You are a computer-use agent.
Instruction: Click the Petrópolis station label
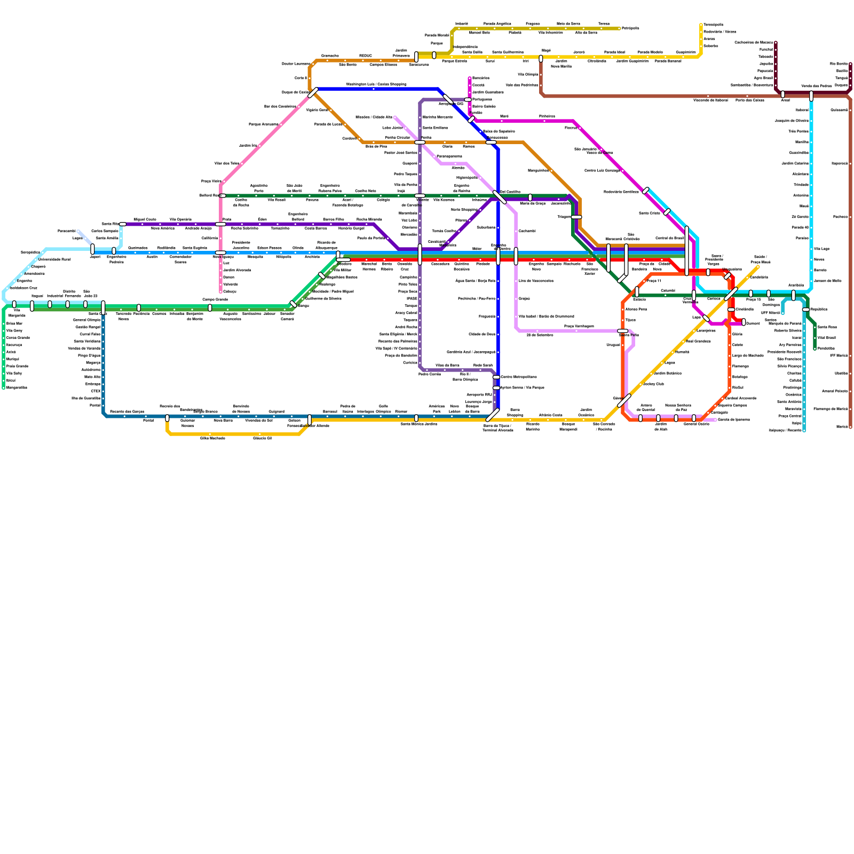click(x=630, y=28)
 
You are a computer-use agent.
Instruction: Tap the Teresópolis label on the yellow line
click(x=713, y=25)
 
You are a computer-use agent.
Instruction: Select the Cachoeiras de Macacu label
click(x=753, y=42)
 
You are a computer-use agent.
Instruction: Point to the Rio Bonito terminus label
click(x=839, y=64)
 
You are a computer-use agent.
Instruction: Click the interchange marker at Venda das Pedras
click(x=811, y=96)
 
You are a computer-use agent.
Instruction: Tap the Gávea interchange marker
click(x=624, y=400)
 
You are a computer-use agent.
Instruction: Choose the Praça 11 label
click(x=654, y=281)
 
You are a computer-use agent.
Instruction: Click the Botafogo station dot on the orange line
click(x=729, y=377)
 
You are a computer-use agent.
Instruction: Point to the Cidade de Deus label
click(x=482, y=335)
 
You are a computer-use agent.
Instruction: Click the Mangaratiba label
click(x=17, y=388)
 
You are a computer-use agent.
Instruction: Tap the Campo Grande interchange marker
click(x=210, y=307)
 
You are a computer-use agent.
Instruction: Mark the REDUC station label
click(x=365, y=56)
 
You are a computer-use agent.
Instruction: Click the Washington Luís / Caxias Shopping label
click(x=376, y=84)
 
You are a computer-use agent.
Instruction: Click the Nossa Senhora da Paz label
click(x=677, y=408)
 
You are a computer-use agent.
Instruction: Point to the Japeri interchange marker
click(x=93, y=249)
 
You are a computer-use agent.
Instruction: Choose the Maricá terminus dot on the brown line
click(x=850, y=427)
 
